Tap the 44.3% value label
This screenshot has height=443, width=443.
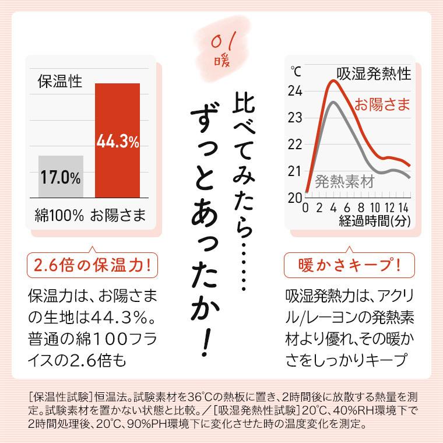(x=117, y=142)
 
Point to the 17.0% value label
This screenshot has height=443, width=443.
(x=61, y=178)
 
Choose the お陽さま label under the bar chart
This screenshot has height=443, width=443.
(x=117, y=215)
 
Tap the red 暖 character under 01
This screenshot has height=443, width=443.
(x=221, y=59)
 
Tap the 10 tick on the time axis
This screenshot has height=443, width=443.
(x=375, y=208)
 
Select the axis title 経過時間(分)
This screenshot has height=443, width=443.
(x=374, y=220)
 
